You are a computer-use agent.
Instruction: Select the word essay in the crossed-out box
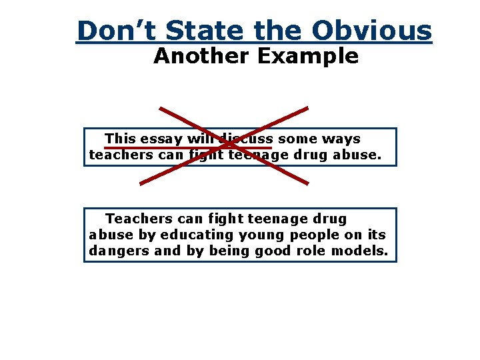tap(160, 139)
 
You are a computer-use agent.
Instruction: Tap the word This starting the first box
tap(120, 139)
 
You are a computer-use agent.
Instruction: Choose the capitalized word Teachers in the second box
tap(137, 219)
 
